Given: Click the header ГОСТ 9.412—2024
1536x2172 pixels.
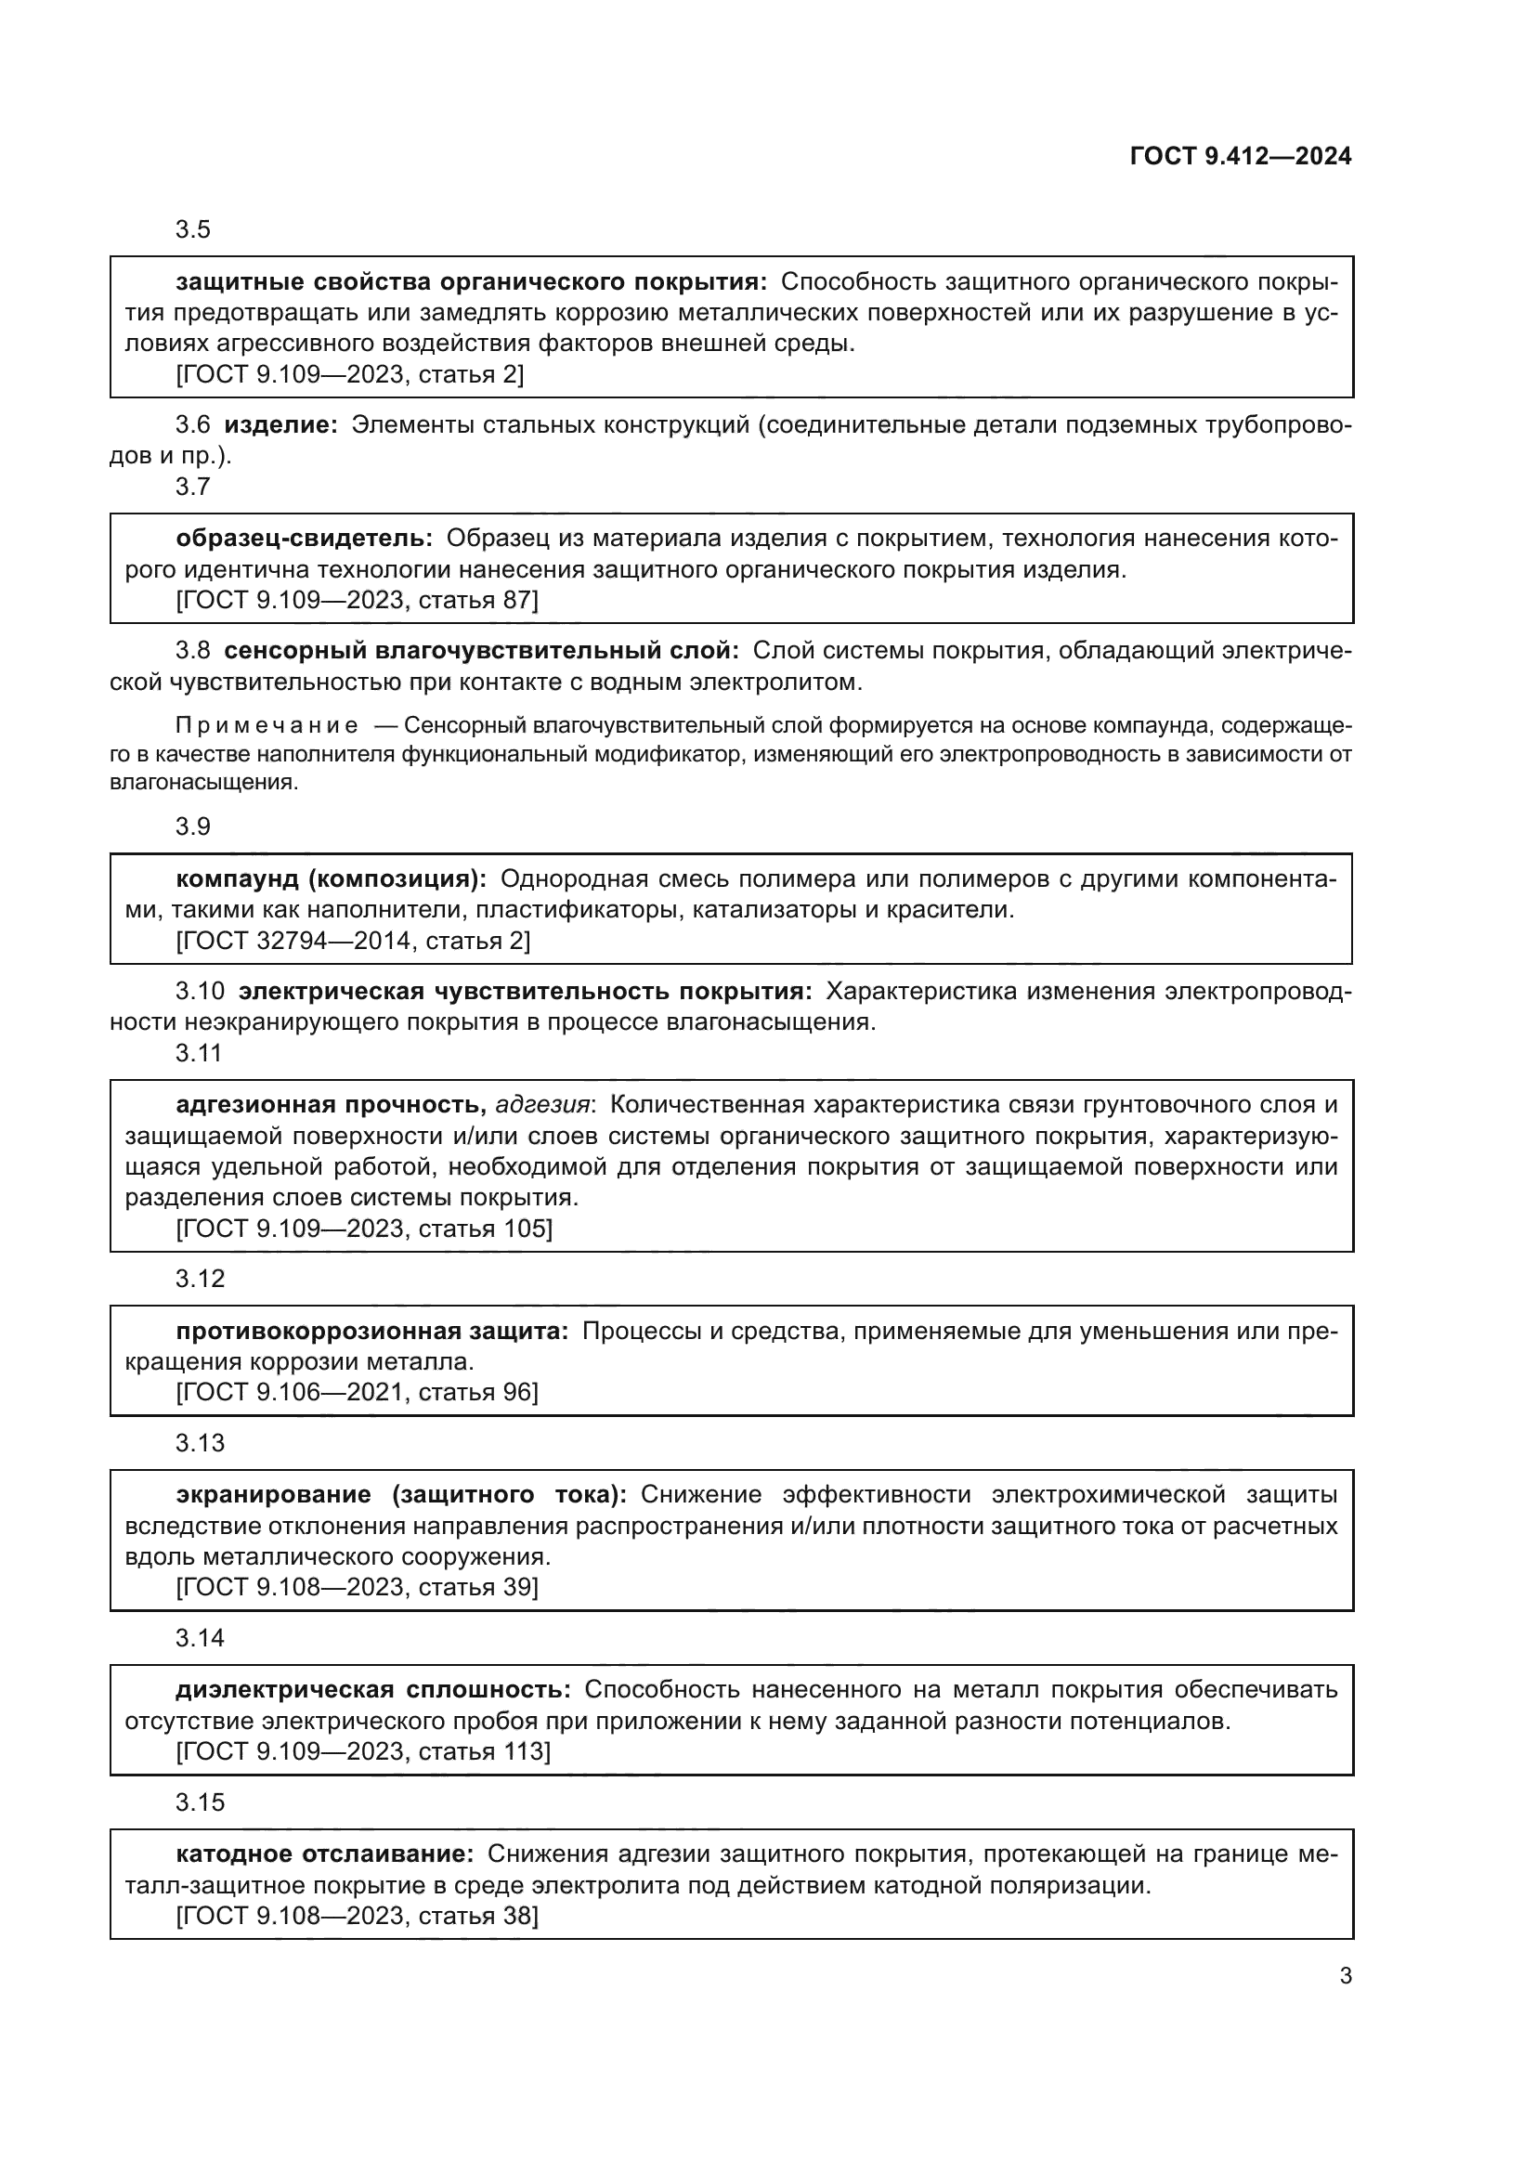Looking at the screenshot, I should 1240,157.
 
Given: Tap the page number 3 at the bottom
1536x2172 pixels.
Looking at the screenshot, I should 1345,1976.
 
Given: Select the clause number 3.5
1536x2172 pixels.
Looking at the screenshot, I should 193,230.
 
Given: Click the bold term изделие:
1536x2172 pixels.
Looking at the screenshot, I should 280,425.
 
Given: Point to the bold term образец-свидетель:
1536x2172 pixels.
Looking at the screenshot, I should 304,539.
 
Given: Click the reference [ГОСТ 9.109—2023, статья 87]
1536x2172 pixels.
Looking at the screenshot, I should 357,601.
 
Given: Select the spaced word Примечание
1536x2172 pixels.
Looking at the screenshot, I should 267,725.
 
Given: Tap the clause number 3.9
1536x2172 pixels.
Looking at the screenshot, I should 193,826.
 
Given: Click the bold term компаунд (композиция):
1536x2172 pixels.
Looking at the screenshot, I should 331,878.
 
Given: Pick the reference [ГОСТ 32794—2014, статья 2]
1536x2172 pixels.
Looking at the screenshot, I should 353,942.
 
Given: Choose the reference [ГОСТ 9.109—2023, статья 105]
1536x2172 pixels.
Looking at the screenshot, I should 364,1229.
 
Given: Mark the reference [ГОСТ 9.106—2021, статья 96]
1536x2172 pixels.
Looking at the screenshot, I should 357,1393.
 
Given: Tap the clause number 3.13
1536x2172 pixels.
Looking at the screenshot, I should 200,1443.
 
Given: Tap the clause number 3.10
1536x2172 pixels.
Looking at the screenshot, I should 200,992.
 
